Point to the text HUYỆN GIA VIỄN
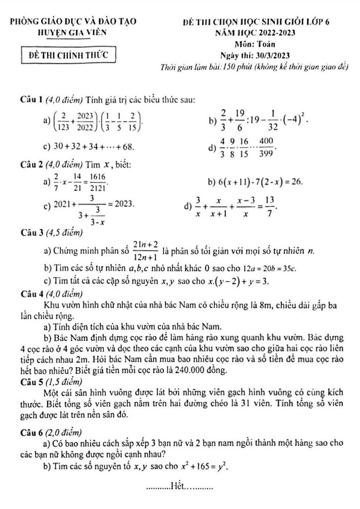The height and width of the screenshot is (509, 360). pyautogui.click(x=69, y=34)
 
